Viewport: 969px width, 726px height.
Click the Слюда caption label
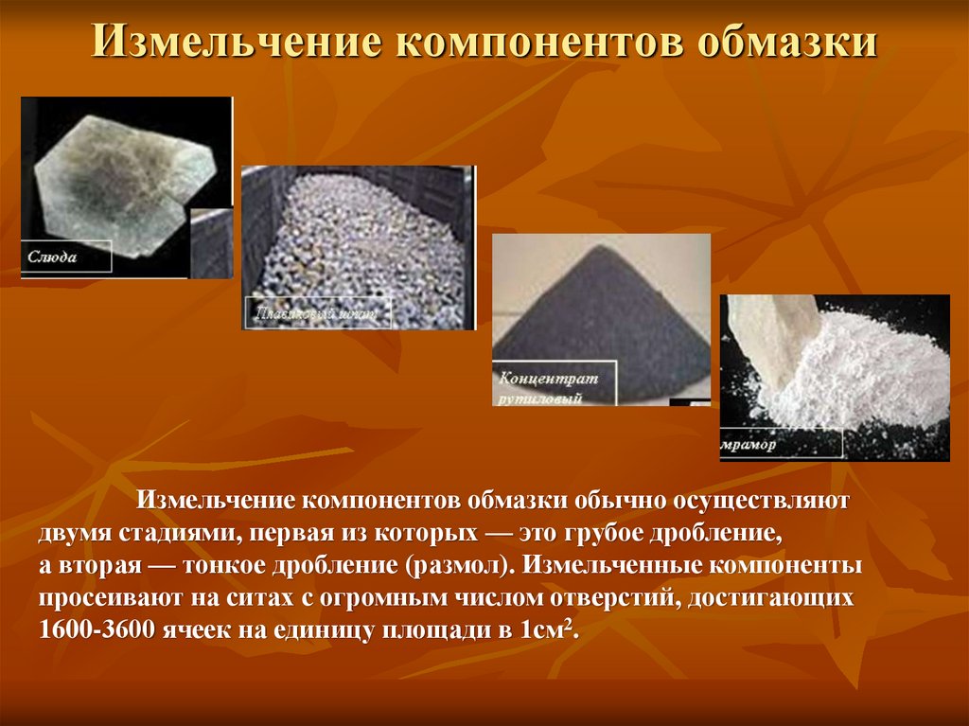52,257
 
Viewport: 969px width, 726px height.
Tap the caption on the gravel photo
316,312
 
